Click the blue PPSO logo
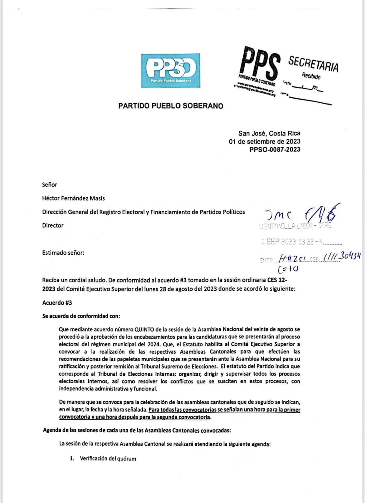point(171,71)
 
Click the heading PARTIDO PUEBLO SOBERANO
point(171,106)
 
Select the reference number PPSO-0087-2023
point(275,150)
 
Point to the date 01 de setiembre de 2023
point(265,141)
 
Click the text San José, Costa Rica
point(269,133)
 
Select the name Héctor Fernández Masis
point(73,198)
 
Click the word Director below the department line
point(53,225)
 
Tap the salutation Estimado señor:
point(63,253)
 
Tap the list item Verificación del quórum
point(108,459)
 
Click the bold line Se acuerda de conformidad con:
point(81,316)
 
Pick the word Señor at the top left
point(50,185)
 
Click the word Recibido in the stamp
point(311,75)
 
